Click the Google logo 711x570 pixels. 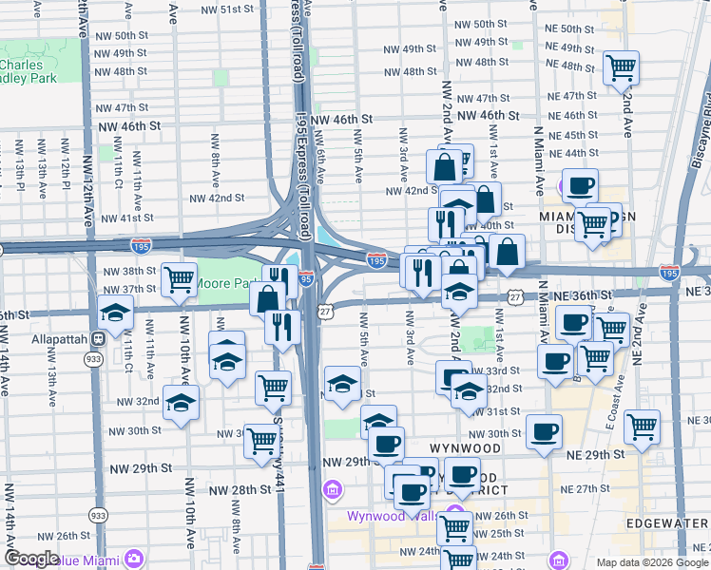[31, 558]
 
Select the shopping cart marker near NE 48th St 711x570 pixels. [621, 68]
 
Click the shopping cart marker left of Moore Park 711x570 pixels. [179, 279]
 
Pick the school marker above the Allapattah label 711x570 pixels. [115, 313]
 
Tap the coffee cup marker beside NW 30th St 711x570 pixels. [545, 432]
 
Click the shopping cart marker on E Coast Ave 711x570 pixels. [643, 427]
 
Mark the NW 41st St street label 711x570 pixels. [130, 218]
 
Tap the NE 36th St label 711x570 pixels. [586, 296]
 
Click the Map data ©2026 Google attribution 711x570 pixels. [651, 562]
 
